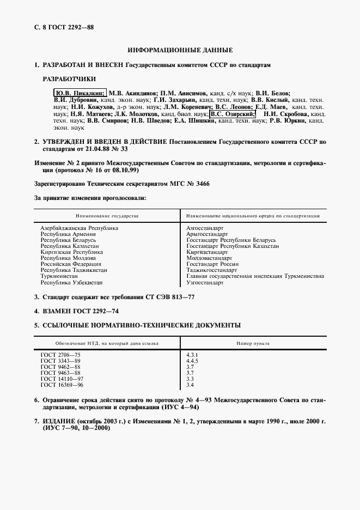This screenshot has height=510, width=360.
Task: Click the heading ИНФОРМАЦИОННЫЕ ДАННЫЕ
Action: [180, 50]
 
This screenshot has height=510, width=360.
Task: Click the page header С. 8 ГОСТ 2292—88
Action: [60, 26]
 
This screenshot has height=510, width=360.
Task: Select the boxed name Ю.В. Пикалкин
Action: [80, 93]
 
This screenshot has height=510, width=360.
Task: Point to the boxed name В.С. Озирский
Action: [233, 114]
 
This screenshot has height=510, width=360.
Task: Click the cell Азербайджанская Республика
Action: [80, 228]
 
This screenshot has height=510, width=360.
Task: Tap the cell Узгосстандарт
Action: [205, 283]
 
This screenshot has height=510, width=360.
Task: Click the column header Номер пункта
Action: [253, 343]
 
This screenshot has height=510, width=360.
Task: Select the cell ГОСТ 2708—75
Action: [60, 355]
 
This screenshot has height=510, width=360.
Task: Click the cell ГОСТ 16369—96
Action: [62, 385]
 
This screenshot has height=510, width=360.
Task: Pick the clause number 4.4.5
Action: [192, 361]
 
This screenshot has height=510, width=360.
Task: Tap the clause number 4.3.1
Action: [192, 355]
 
